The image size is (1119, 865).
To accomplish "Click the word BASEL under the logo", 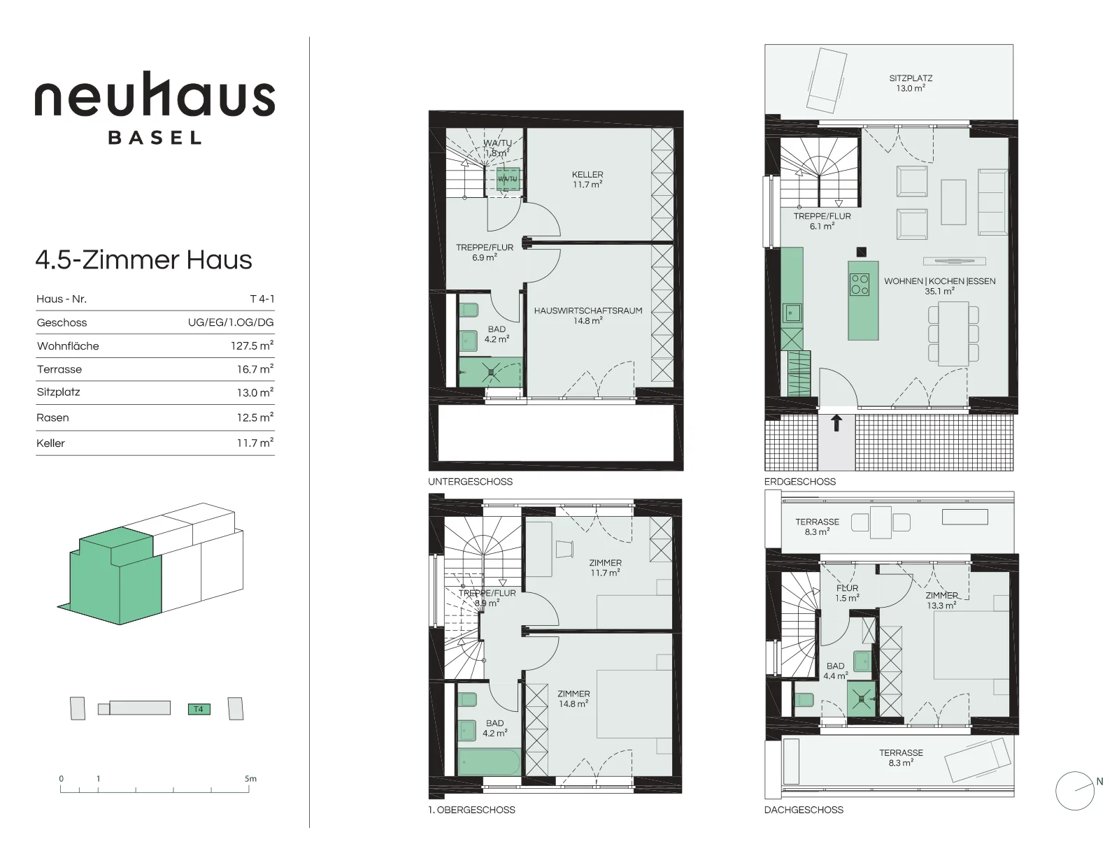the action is coord(155,138).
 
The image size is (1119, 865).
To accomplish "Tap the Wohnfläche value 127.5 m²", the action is coord(252,345).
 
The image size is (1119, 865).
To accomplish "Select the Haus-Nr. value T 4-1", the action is coord(262,299).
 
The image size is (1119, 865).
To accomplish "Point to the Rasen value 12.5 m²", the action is coord(255,417).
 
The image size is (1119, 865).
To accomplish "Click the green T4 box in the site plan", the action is coord(199,709).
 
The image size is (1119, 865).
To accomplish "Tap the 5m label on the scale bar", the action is coord(250,778).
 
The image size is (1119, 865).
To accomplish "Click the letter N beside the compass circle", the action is coord(1099,782).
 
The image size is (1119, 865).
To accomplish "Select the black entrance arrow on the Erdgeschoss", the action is coord(837,423).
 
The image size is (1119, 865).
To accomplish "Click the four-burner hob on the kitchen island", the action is coord(860,284).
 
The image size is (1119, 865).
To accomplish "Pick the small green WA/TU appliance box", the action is coord(508,179).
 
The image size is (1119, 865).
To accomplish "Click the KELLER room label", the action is coord(587,175).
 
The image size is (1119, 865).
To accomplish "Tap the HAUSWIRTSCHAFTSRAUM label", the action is coord(588,310).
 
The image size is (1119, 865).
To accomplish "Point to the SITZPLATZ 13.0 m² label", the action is coord(911,83).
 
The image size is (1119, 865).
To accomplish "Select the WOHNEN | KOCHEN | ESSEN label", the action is coord(940,281).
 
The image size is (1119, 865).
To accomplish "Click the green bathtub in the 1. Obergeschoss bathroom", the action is coord(489,762).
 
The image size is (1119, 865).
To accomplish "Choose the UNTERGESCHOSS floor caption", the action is coord(470,481).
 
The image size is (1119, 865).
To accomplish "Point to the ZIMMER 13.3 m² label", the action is coord(942,601).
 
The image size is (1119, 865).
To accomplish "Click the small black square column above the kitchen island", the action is coord(861,252).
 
